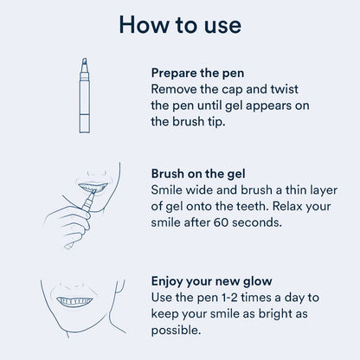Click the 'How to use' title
pyautogui.click(x=179, y=25)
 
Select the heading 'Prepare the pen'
pyautogui.click(x=203, y=74)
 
